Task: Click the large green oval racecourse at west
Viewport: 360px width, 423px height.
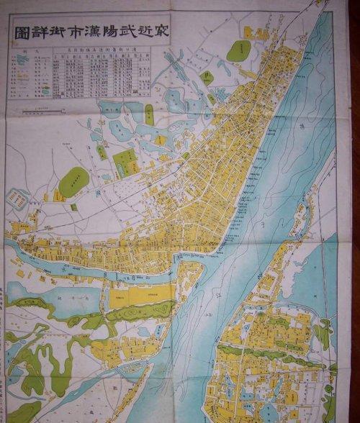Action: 73,181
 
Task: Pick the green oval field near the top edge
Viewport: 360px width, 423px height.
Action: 239,51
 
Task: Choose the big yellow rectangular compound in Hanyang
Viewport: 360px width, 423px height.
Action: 141,294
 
